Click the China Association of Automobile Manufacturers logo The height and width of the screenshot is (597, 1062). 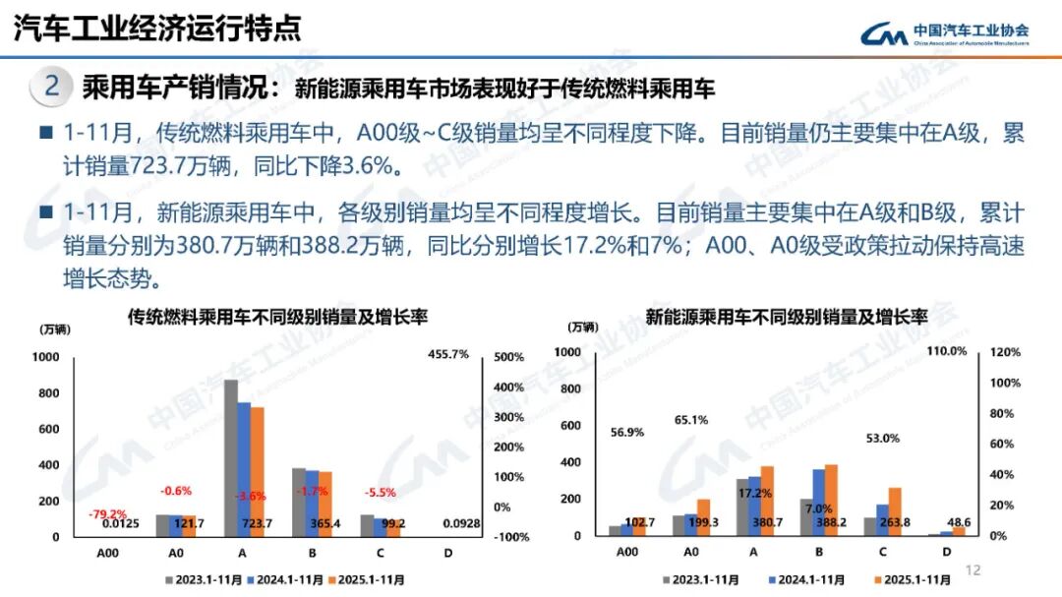point(944,34)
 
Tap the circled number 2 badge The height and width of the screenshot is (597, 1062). point(52,87)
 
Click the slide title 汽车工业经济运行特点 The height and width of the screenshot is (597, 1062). point(157,28)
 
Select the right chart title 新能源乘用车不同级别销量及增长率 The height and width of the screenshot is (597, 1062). point(787,317)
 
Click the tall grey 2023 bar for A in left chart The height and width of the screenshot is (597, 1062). point(231,458)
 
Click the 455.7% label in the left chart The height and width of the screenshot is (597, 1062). point(448,354)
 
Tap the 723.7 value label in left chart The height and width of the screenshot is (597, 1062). point(257,523)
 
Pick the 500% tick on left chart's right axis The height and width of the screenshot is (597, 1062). point(508,357)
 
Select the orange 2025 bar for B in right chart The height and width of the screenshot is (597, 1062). point(831,500)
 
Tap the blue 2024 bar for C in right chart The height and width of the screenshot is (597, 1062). point(882,520)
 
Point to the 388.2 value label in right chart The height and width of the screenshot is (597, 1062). point(832,523)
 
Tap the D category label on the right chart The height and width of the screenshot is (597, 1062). point(947,552)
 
